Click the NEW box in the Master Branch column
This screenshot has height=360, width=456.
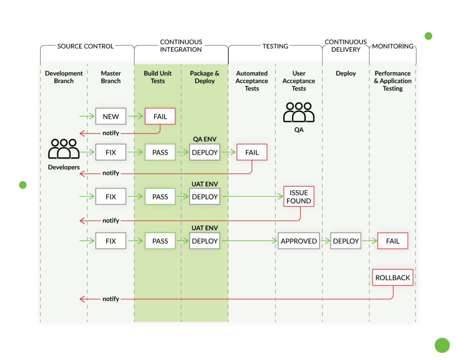tap(111, 116)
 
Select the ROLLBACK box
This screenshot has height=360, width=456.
tap(392, 278)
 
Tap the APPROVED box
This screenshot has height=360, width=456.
tap(299, 241)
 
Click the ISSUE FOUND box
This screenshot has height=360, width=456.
tap(299, 197)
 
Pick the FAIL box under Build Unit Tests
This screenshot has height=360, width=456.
tap(160, 116)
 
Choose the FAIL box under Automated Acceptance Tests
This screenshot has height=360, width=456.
tap(252, 152)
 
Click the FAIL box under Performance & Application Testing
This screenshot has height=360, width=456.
tap(392, 241)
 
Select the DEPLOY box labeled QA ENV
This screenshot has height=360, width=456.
tap(204, 152)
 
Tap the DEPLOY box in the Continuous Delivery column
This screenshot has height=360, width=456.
tap(346, 241)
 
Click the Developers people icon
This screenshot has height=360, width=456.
tap(64, 149)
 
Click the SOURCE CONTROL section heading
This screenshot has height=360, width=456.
tap(85, 46)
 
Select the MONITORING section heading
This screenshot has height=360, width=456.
tap(392, 46)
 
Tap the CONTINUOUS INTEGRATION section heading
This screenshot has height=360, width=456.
tap(181, 45)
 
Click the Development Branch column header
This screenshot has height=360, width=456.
tap(64, 77)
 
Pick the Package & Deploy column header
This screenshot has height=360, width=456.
tap(204, 77)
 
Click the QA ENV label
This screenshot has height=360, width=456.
tap(204, 139)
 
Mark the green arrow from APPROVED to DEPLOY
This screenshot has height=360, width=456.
tap(325, 241)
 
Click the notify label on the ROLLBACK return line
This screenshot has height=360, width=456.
tap(111, 299)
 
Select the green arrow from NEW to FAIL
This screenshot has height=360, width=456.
tap(135, 116)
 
